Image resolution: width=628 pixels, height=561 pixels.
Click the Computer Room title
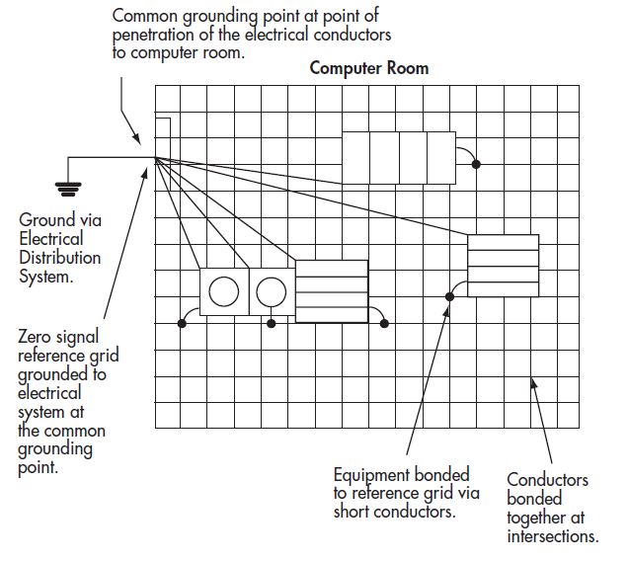coord(369,68)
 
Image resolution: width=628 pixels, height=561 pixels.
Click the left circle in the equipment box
coord(223,292)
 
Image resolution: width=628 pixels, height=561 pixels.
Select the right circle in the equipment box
coord(271,292)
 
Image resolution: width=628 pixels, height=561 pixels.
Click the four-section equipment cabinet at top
coord(399,157)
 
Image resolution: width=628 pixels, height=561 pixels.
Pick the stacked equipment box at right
coord(503,266)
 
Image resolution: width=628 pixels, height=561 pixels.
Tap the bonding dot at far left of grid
coord(182,323)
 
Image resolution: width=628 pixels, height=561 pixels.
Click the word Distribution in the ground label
coord(59,258)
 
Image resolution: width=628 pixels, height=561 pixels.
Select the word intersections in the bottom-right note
coord(552,536)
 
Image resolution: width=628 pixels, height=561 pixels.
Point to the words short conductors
coord(394,512)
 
